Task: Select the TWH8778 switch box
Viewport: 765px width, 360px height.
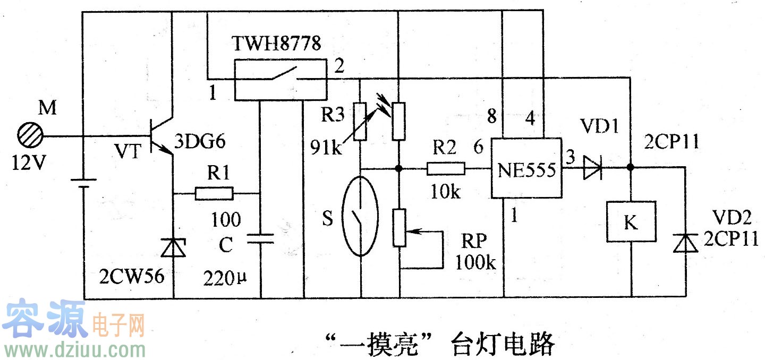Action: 280,80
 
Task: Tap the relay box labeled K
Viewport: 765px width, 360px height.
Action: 631,223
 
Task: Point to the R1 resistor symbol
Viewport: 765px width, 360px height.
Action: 214,193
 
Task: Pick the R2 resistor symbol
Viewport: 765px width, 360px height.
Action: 446,169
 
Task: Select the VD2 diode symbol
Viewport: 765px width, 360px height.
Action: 684,243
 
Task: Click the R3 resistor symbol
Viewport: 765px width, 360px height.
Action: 361,121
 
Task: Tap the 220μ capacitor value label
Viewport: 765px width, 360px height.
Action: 224,278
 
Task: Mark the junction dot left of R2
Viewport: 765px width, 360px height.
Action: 399,169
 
